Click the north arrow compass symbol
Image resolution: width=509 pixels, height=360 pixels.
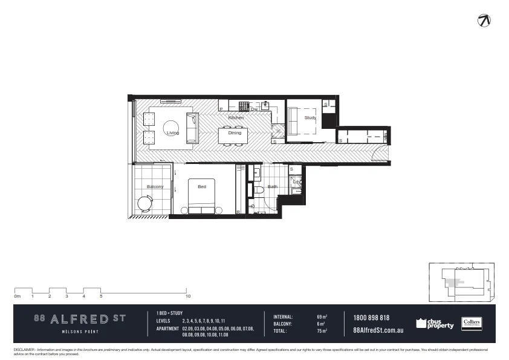coord(484,20)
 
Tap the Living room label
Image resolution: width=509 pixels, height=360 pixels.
coord(172,133)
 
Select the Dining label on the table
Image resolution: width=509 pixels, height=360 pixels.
coord(235,133)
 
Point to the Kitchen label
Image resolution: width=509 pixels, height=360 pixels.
coord(236,117)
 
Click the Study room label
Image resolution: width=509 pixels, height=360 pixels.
coord(310,118)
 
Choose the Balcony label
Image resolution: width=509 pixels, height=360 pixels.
coord(155,187)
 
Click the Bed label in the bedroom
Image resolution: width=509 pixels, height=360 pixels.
coord(202,187)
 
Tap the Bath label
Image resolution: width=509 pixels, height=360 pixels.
coord(273,187)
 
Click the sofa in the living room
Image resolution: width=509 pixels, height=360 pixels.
coord(192,125)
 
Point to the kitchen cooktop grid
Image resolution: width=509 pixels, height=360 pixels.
coord(244,106)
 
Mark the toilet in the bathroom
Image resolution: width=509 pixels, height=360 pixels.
coord(258,191)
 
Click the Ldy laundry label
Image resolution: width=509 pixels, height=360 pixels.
coord(296,182)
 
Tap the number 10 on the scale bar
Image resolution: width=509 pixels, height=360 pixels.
coord(189,296)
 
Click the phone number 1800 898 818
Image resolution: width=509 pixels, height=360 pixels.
coord(371,318)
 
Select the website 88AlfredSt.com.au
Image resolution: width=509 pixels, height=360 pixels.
coord(378,331)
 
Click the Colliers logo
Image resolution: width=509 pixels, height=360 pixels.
coord(471,324)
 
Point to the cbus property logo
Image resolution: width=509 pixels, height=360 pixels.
coord(435,324)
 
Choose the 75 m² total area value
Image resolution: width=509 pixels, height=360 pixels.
coord(322,331)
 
